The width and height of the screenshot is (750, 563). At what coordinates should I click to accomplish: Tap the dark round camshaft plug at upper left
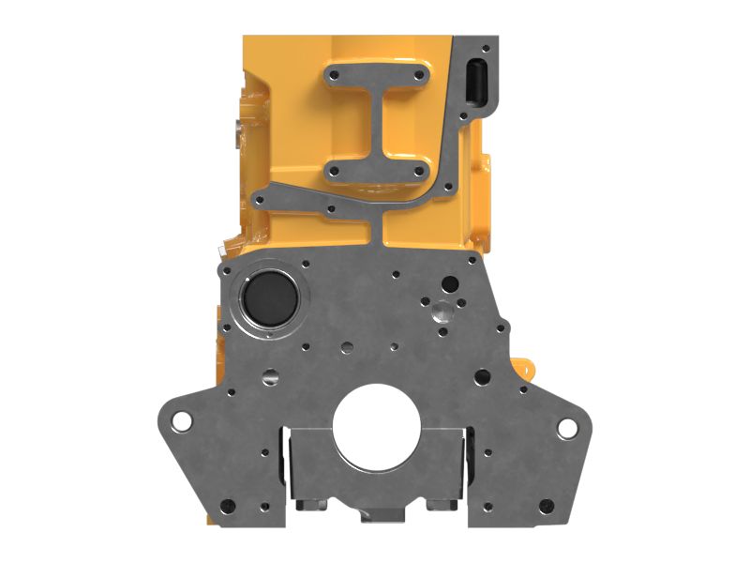click(269, 298)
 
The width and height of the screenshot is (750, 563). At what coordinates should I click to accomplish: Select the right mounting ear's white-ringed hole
click(567, 428)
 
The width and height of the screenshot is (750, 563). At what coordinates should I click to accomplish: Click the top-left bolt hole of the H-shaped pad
click(333, 74)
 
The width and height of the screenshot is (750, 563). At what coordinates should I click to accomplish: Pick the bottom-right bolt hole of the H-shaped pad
click(416, 171)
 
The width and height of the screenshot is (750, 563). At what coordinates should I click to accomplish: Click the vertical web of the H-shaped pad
click(375, 122)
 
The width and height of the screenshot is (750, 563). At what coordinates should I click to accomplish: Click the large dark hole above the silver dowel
click(451, 282)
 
